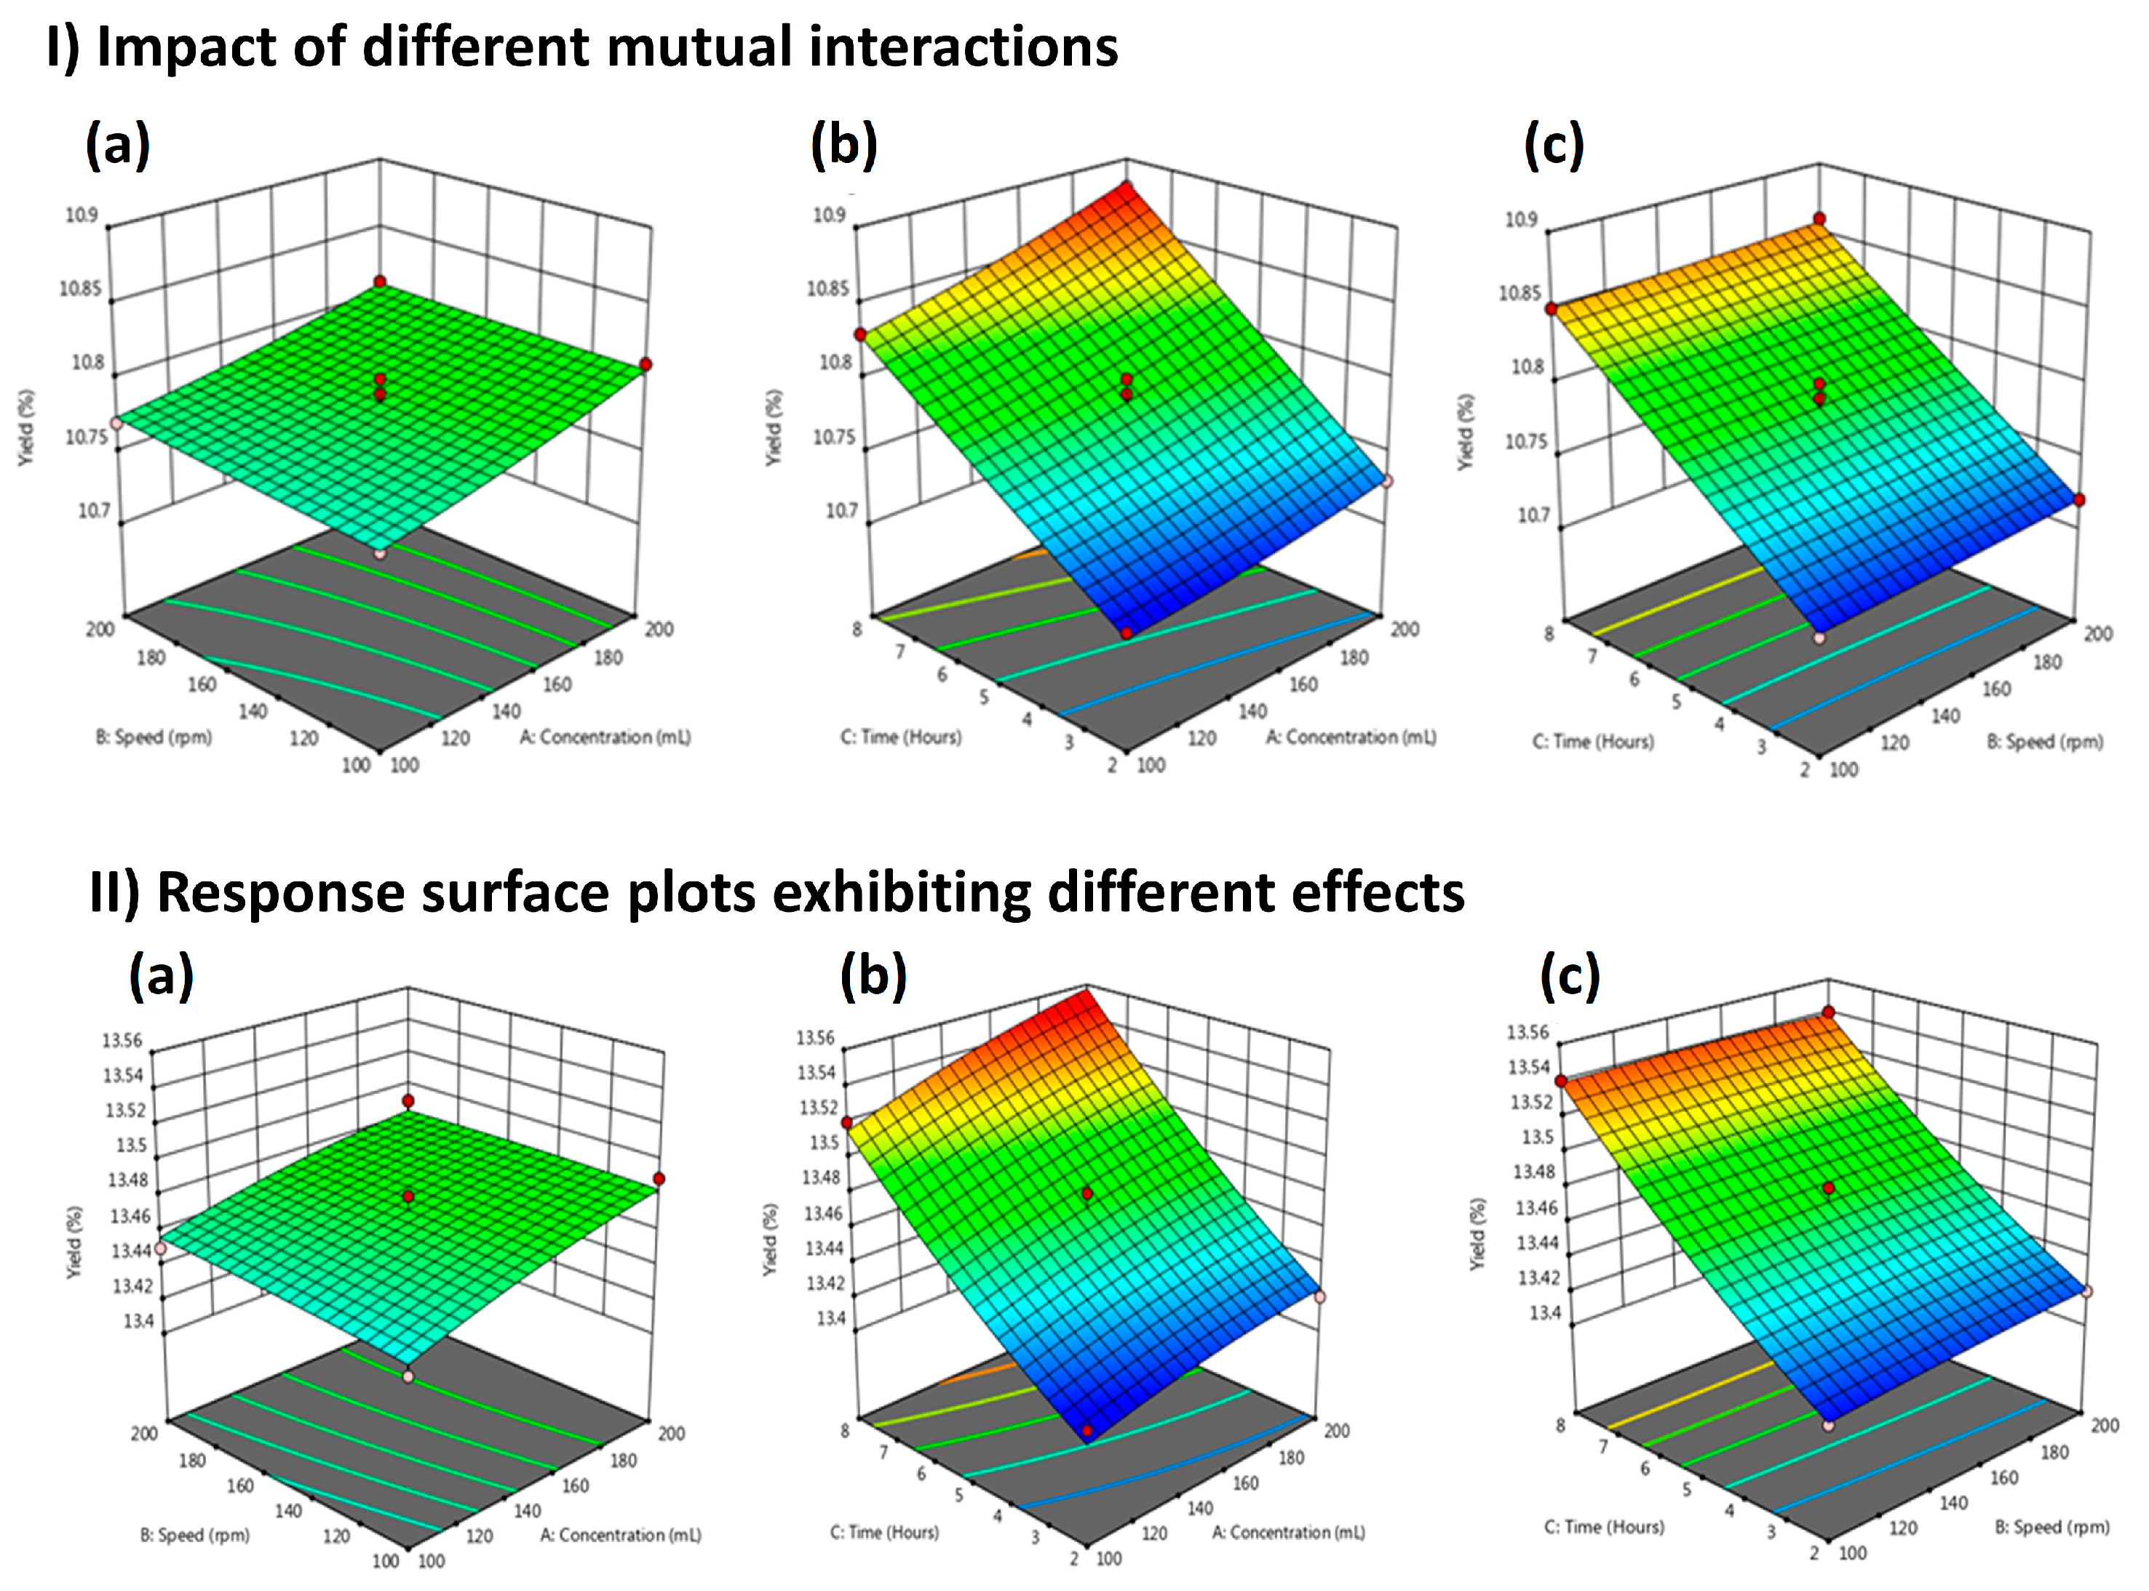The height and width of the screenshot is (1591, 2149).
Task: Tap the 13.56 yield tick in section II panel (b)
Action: point(814,1037)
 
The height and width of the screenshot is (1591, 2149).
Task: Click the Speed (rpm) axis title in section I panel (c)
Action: point(2045,742)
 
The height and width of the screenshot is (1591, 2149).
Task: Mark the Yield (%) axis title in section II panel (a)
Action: point(74,1242)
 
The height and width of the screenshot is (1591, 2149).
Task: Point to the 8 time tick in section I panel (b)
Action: point(856,629)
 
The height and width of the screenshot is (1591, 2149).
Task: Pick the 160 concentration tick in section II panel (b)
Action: point(1245,1483)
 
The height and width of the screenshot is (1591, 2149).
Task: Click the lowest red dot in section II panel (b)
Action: point(1088,1432)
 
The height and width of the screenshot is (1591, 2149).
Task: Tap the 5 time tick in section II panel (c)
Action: point(1686,1489)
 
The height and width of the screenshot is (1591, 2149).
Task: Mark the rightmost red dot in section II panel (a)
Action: point(659,1179)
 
